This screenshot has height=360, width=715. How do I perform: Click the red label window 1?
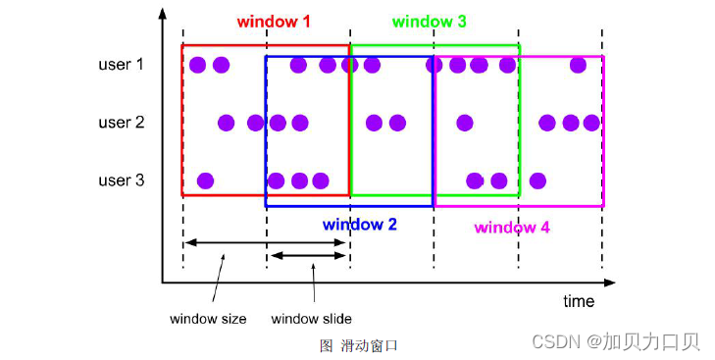(x=274, y=21)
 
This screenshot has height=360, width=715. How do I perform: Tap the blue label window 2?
(x=360, y=225)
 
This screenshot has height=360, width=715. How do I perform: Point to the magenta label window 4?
(x=512, y=228)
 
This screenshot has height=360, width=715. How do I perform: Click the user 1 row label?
(x=122, y=65)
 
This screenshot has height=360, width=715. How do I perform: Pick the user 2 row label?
(x=122, y=123)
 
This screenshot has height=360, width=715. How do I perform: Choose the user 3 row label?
(x=122, y=180)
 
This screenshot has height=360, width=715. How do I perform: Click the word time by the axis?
(x=579, y=301)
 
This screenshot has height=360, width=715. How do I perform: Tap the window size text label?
(x=208, y=319)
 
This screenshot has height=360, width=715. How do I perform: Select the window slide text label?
(x=311, y=319)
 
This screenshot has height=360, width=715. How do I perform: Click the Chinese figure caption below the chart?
(x=358, y=345)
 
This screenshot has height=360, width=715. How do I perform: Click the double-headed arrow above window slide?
(x=308, y=255)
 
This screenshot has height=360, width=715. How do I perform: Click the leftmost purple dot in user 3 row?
(x=205, y=180)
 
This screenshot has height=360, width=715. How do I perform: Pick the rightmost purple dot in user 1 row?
(x=579, y=65)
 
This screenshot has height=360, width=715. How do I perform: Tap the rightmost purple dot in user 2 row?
(x=590, y=123)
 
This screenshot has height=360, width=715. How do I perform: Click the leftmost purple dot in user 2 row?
(x=226, y=123)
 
